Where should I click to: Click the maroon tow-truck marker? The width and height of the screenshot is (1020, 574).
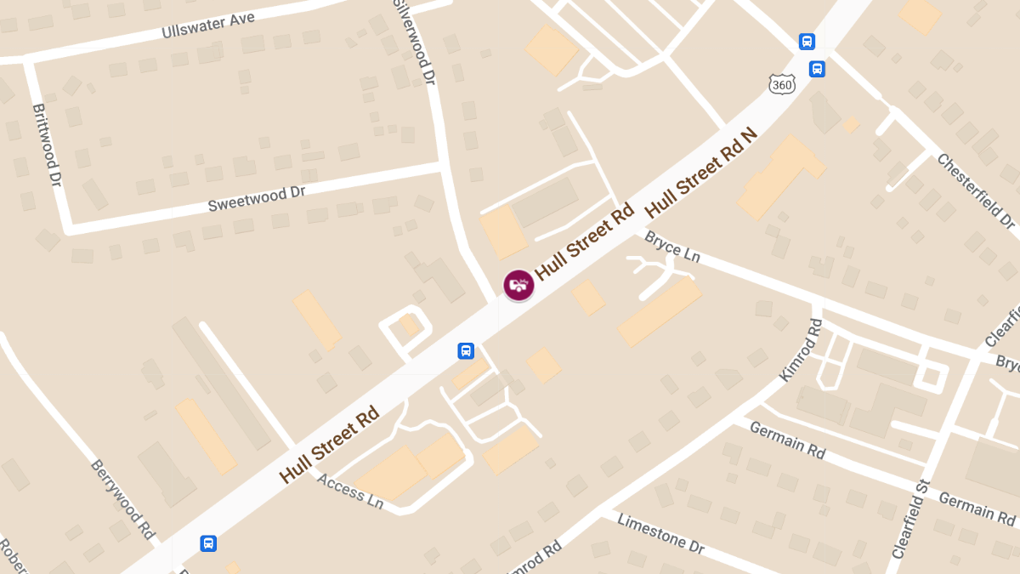point(518,285)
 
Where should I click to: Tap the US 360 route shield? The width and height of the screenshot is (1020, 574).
point(782,83)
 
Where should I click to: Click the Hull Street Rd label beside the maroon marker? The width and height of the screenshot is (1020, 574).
point(585,242)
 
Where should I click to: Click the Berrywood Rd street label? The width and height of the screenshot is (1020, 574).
point(123,500)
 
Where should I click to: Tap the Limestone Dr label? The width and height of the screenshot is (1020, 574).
point(661,533)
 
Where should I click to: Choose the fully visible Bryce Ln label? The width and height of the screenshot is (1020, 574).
point(671,246)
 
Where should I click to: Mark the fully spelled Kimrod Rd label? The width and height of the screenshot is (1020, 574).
point(801,350)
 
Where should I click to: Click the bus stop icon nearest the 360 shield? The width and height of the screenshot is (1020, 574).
point(816,69)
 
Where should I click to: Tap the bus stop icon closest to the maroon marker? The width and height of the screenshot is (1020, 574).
point(466,350)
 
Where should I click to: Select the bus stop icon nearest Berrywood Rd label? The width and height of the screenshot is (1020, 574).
point(208,543)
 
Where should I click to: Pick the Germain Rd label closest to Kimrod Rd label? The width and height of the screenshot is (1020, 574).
point(787,440)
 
